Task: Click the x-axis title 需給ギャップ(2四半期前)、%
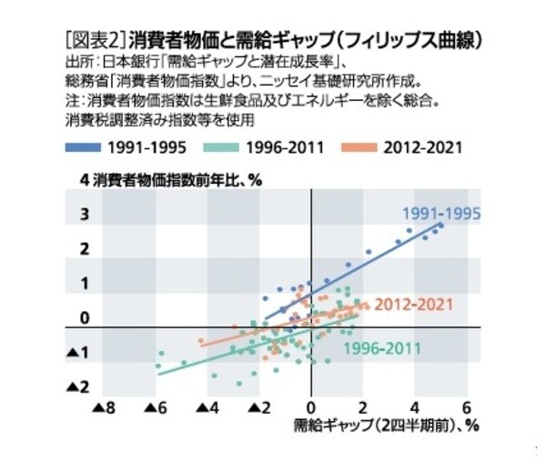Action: coord(386,425)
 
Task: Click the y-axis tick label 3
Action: coord(84,215)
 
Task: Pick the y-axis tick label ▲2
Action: coord(80,388)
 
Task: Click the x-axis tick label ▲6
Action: coord(157,407)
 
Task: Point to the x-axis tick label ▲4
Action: coord(208,407)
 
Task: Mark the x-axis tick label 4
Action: coord(416,407)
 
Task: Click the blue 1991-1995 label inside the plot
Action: coord(441,216)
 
